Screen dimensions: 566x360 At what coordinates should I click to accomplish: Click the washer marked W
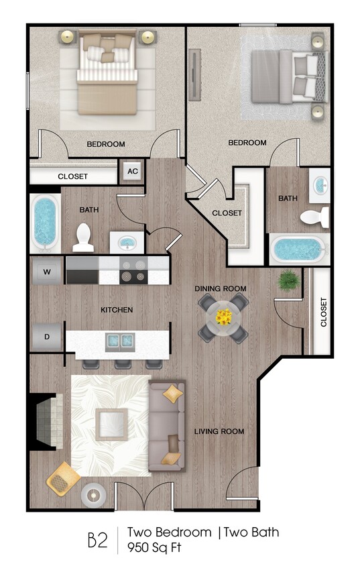pyautogui.click(x=46, y=272)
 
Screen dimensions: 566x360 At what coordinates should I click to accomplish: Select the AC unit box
pyautogui.click(x=132, y=172)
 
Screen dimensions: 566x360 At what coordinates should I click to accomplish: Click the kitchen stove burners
pyautogui.click(x=133, y=271)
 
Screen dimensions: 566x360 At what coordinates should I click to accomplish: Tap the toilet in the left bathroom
pyautogui.click(x=83, y=235)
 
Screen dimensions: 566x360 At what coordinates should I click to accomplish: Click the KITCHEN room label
pyautogui.click(x=117, y=310)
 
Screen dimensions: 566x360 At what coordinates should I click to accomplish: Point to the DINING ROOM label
pyautogui.click(x=221, y=288)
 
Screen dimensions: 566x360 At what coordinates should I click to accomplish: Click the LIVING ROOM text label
pyautogui.click(x=219, y=431)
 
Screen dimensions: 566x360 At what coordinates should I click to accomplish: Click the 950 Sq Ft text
pyautogui.click(x=156, y=548)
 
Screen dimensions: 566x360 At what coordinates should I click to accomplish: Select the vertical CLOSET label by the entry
pyautogui.click(x=323, y=312)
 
